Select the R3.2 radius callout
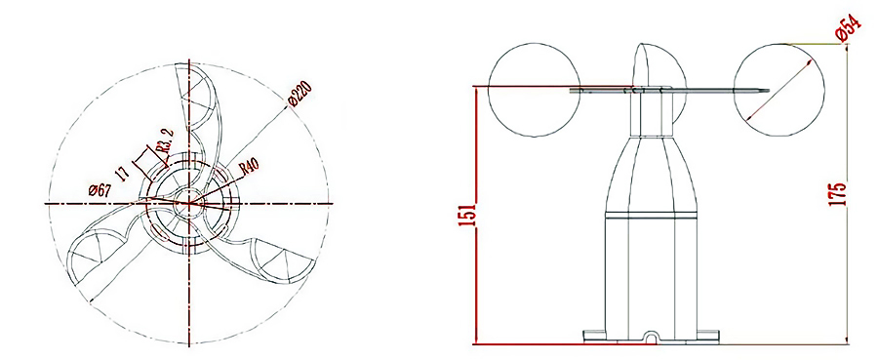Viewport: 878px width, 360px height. [165, 140]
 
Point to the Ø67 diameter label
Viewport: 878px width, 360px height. [100, 190]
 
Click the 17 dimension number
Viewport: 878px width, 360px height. [124, 171]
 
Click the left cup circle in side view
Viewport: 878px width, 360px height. [534, 90]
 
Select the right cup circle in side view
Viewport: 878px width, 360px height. [778, 90]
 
